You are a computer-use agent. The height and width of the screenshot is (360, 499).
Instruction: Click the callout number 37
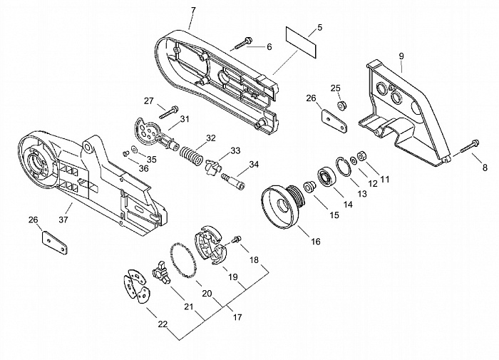point(63,220)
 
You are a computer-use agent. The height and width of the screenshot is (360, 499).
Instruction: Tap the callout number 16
point(315,242)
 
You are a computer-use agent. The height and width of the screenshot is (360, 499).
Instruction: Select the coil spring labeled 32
point(191,155)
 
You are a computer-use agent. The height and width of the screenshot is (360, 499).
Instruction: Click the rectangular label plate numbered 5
point(301,42)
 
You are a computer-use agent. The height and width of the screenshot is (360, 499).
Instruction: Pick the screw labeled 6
point(244,43)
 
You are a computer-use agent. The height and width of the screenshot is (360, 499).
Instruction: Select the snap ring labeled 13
point(344,166)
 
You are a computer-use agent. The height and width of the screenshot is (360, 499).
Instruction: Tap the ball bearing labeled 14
point(326,176)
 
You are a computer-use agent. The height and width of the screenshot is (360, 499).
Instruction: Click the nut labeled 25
point(342,105)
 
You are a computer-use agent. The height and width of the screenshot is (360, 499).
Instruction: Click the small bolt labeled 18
point(237,239)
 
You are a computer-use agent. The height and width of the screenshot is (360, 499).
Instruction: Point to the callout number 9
point(401,56)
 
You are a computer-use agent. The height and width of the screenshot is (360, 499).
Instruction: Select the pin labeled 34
point(233,182)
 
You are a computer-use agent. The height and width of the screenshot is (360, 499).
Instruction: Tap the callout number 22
point(163,324)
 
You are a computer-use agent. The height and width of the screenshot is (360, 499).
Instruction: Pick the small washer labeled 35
point(134,149)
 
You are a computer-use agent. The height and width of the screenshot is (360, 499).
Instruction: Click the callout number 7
point(193,10)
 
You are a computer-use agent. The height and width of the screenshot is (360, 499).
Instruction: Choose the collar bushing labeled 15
point(309,186)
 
